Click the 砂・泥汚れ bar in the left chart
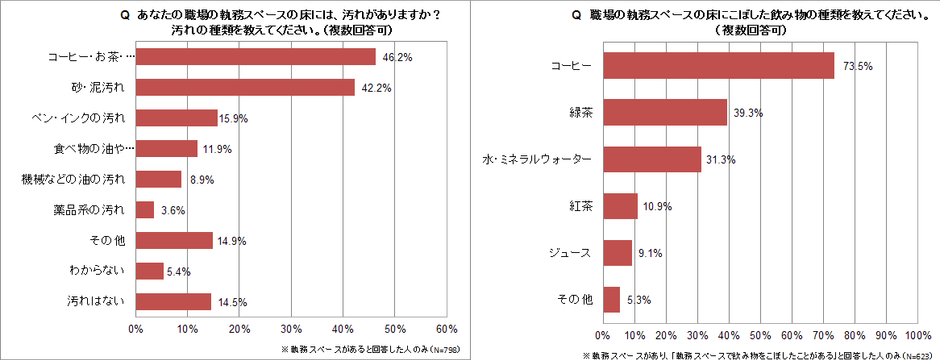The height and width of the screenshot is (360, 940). pyautogui.click(x=244, y=87)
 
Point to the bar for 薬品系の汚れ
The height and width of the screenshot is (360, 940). pyautogui.click(x=144, y=209)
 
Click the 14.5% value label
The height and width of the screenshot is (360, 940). pyautogui.click(x=230, y=301)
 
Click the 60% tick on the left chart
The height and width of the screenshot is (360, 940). pyautogui.click(x=446, y=328)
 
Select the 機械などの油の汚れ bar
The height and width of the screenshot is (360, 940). pyautogui.click(x=158, y=179)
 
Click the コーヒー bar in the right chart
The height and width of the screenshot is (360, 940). pyautogui.click(x=718, y=66)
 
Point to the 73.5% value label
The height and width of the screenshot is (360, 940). pyautogui.click(x=855, y=66)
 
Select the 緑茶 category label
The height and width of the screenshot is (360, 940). pyautogui.click(x=580, y=113)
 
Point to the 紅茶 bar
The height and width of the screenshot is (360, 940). pyautogui.click(x=620, y=206)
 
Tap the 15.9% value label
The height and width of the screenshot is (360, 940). pyautogui.click(x=237, y=118)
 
